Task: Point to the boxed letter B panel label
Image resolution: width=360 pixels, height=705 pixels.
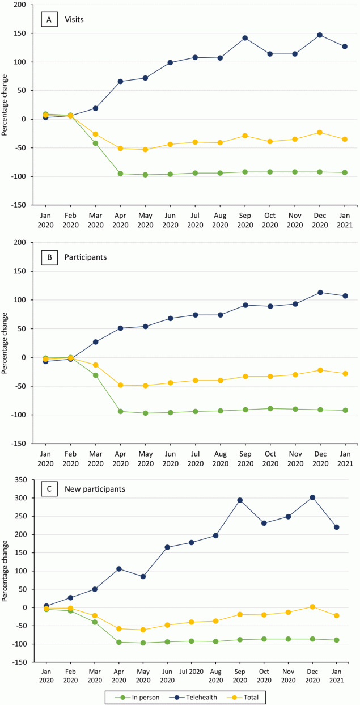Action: click(x=49, y=256)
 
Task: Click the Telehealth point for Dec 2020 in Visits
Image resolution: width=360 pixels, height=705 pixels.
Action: click(x=320, y=35)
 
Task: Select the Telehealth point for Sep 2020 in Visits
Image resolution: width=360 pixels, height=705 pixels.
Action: click(x=245, y=38)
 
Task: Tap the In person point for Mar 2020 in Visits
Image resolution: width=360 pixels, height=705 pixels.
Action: click(x=95, y=143)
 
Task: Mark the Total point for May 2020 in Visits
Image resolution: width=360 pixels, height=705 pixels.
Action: click(x=145, y=150)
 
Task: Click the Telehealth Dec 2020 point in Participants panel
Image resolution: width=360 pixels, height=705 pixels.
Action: click(x=320, y=293)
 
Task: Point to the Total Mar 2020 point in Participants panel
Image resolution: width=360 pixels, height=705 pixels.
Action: click(x=95, y=365)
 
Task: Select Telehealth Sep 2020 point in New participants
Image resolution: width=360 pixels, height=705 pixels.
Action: click(x=240, y=500)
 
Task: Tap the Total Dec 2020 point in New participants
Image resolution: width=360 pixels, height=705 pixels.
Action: click(x=312, y=607)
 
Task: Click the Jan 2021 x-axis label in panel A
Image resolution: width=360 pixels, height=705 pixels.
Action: click(x=345, y=221)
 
